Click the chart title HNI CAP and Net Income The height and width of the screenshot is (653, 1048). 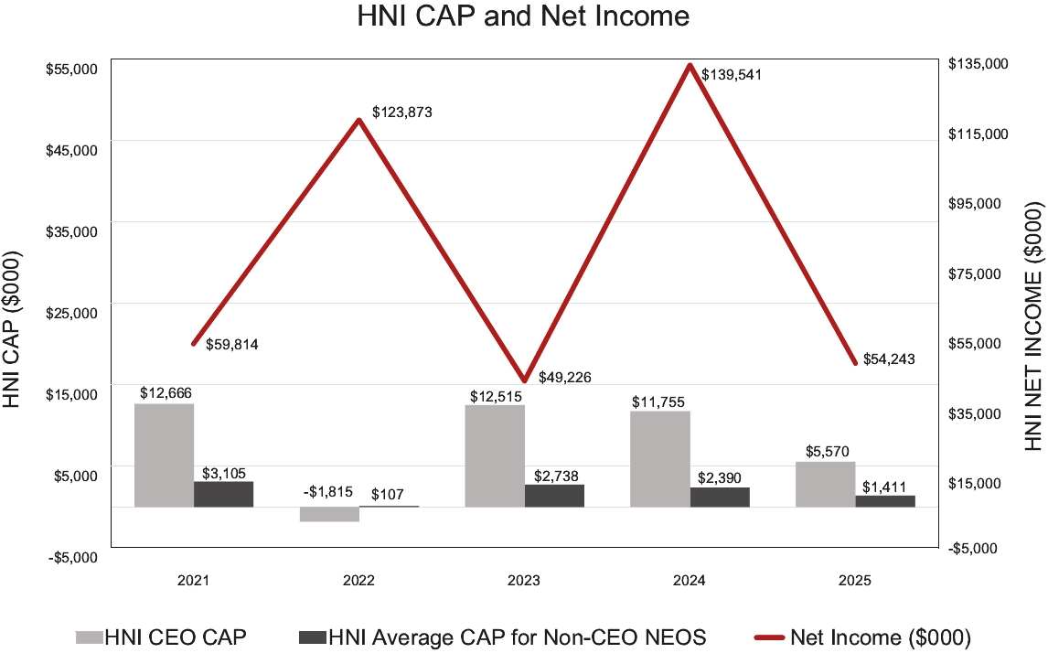coord(523,17)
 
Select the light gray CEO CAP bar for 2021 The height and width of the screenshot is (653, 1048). coord(164,455)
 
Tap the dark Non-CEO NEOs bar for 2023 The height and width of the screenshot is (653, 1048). coord(554,495)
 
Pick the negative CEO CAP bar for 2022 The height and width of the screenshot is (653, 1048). coord(329,514)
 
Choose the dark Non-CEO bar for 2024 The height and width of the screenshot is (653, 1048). coord(720,497)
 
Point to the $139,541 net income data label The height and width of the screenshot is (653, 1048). coord(732,75)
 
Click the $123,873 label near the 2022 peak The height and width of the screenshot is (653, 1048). coord(401,112)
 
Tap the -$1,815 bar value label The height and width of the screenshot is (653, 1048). coord(328,492)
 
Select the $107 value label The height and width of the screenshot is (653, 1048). coord(388,494)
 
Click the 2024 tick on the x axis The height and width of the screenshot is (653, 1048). coord(690,581)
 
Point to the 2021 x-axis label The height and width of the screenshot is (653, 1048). coord(193,581)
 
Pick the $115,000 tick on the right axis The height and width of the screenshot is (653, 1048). coord(979,134)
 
